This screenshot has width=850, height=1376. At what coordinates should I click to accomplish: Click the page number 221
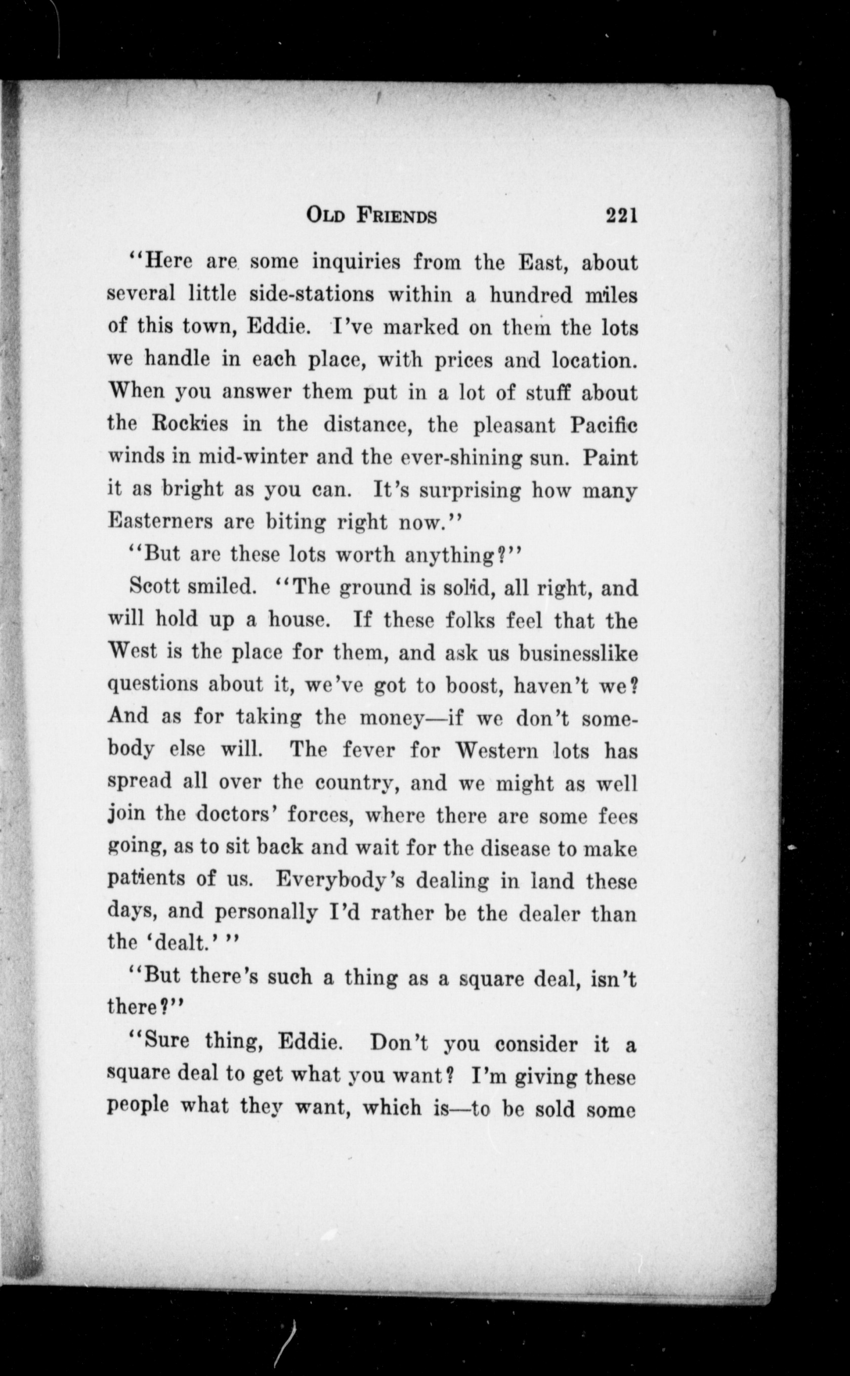click(x=622, y=216)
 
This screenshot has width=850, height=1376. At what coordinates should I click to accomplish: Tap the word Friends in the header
click(x=396, y=217)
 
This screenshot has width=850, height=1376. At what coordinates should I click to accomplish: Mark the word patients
click(x=146, y=880)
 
